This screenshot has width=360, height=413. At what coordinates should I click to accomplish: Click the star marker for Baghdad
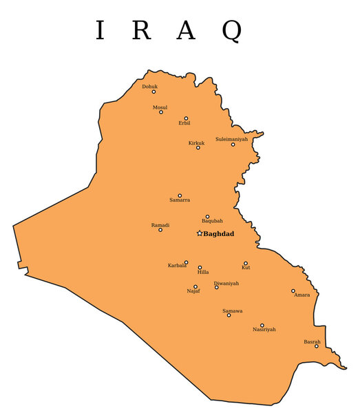pos(200,233)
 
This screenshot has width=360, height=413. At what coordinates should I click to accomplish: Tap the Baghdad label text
pos(219,234)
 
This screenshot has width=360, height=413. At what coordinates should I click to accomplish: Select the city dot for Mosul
pos(161,112)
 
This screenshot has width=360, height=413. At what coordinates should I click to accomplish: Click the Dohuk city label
pos(149,87)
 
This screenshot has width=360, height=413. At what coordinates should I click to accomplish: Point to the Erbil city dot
pos(186,118)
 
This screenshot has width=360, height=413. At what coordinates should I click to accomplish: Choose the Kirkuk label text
pos(197,142)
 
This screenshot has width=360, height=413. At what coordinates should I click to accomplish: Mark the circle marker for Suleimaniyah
pos(233,144)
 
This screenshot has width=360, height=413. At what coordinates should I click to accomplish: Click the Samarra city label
pos(180,200)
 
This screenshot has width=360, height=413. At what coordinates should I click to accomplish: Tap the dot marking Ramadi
pos(160,230)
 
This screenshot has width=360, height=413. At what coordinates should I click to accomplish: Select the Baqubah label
pos(212,221)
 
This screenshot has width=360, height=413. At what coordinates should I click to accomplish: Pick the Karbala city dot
pos(186,262)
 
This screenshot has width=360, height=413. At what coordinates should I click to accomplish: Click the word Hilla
pos(203,273)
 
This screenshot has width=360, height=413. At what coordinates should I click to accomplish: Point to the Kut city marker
pos(246,263)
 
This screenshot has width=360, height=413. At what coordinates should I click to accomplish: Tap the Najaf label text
pos(193,291)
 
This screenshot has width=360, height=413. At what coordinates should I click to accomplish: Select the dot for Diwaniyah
pos(216,287)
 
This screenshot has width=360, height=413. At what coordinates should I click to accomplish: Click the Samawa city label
pos(233,310)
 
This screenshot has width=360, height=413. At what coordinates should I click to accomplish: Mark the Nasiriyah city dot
pos(262,325)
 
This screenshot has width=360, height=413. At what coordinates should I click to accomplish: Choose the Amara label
pos(301,295)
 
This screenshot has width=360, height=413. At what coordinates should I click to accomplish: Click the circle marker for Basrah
pos(317,346)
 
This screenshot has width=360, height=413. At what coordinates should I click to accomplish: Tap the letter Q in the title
pos(232,31)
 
